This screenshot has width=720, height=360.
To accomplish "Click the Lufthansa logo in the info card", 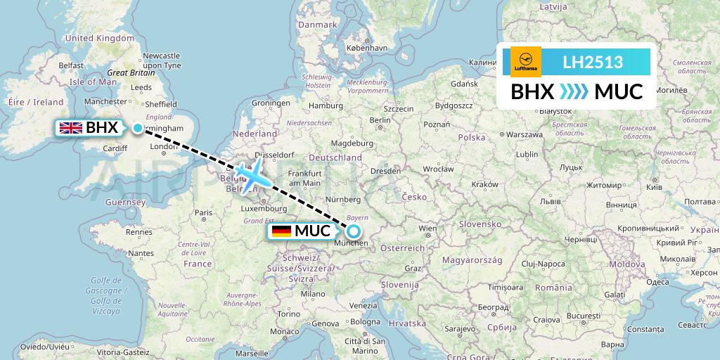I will [x=526, y=62].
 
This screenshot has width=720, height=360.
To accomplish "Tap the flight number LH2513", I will [x=593, y=62].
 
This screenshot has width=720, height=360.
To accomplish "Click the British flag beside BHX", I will [x=71, y=127].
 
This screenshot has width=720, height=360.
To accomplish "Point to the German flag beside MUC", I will [x=281, y=231].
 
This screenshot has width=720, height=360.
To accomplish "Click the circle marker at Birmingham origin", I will [x=137, y=128].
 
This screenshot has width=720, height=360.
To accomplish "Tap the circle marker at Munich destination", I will [x=354, y=231].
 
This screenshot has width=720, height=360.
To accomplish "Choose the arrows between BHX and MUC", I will [x=574, y=91].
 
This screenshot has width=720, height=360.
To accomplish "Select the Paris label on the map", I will [x=203, y=213].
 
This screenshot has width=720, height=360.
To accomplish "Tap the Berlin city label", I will [x=380, y=120].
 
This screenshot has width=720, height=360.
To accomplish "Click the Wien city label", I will [x=427, y=229].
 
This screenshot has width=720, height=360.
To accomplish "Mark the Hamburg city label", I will [x=325, y=106].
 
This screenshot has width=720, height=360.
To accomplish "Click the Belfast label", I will [x=71, y=65].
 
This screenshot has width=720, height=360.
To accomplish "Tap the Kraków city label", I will [x=485, y=184].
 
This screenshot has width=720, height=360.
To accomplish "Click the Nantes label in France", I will [x=141, y=253].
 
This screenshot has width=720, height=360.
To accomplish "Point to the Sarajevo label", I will [x=460, y=328].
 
